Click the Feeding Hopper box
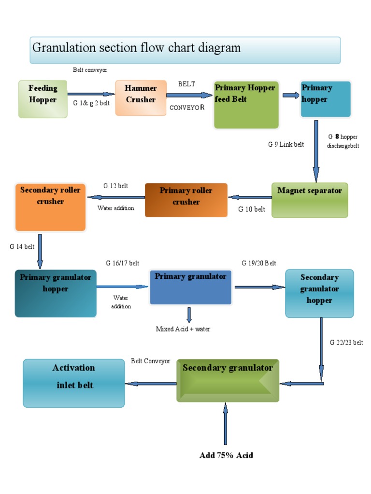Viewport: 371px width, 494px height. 43,99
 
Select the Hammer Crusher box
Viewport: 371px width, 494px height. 141,98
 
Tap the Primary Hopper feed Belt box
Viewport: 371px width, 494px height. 246,105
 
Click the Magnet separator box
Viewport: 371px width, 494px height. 310,200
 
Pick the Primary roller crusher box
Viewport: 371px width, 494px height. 186,200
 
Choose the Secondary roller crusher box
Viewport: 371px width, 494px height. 50,207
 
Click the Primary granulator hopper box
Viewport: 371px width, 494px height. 56,293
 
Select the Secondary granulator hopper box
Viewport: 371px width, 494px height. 319,293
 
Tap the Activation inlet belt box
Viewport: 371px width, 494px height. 74,383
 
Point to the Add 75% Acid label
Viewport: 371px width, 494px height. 226,455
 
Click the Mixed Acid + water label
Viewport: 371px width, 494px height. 183,329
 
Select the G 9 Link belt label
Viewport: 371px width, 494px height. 286,144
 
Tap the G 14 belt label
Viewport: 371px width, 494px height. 22,247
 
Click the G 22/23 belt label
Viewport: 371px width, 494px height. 346,343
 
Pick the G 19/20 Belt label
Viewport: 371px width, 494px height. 259,263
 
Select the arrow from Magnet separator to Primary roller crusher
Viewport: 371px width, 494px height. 250,197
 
